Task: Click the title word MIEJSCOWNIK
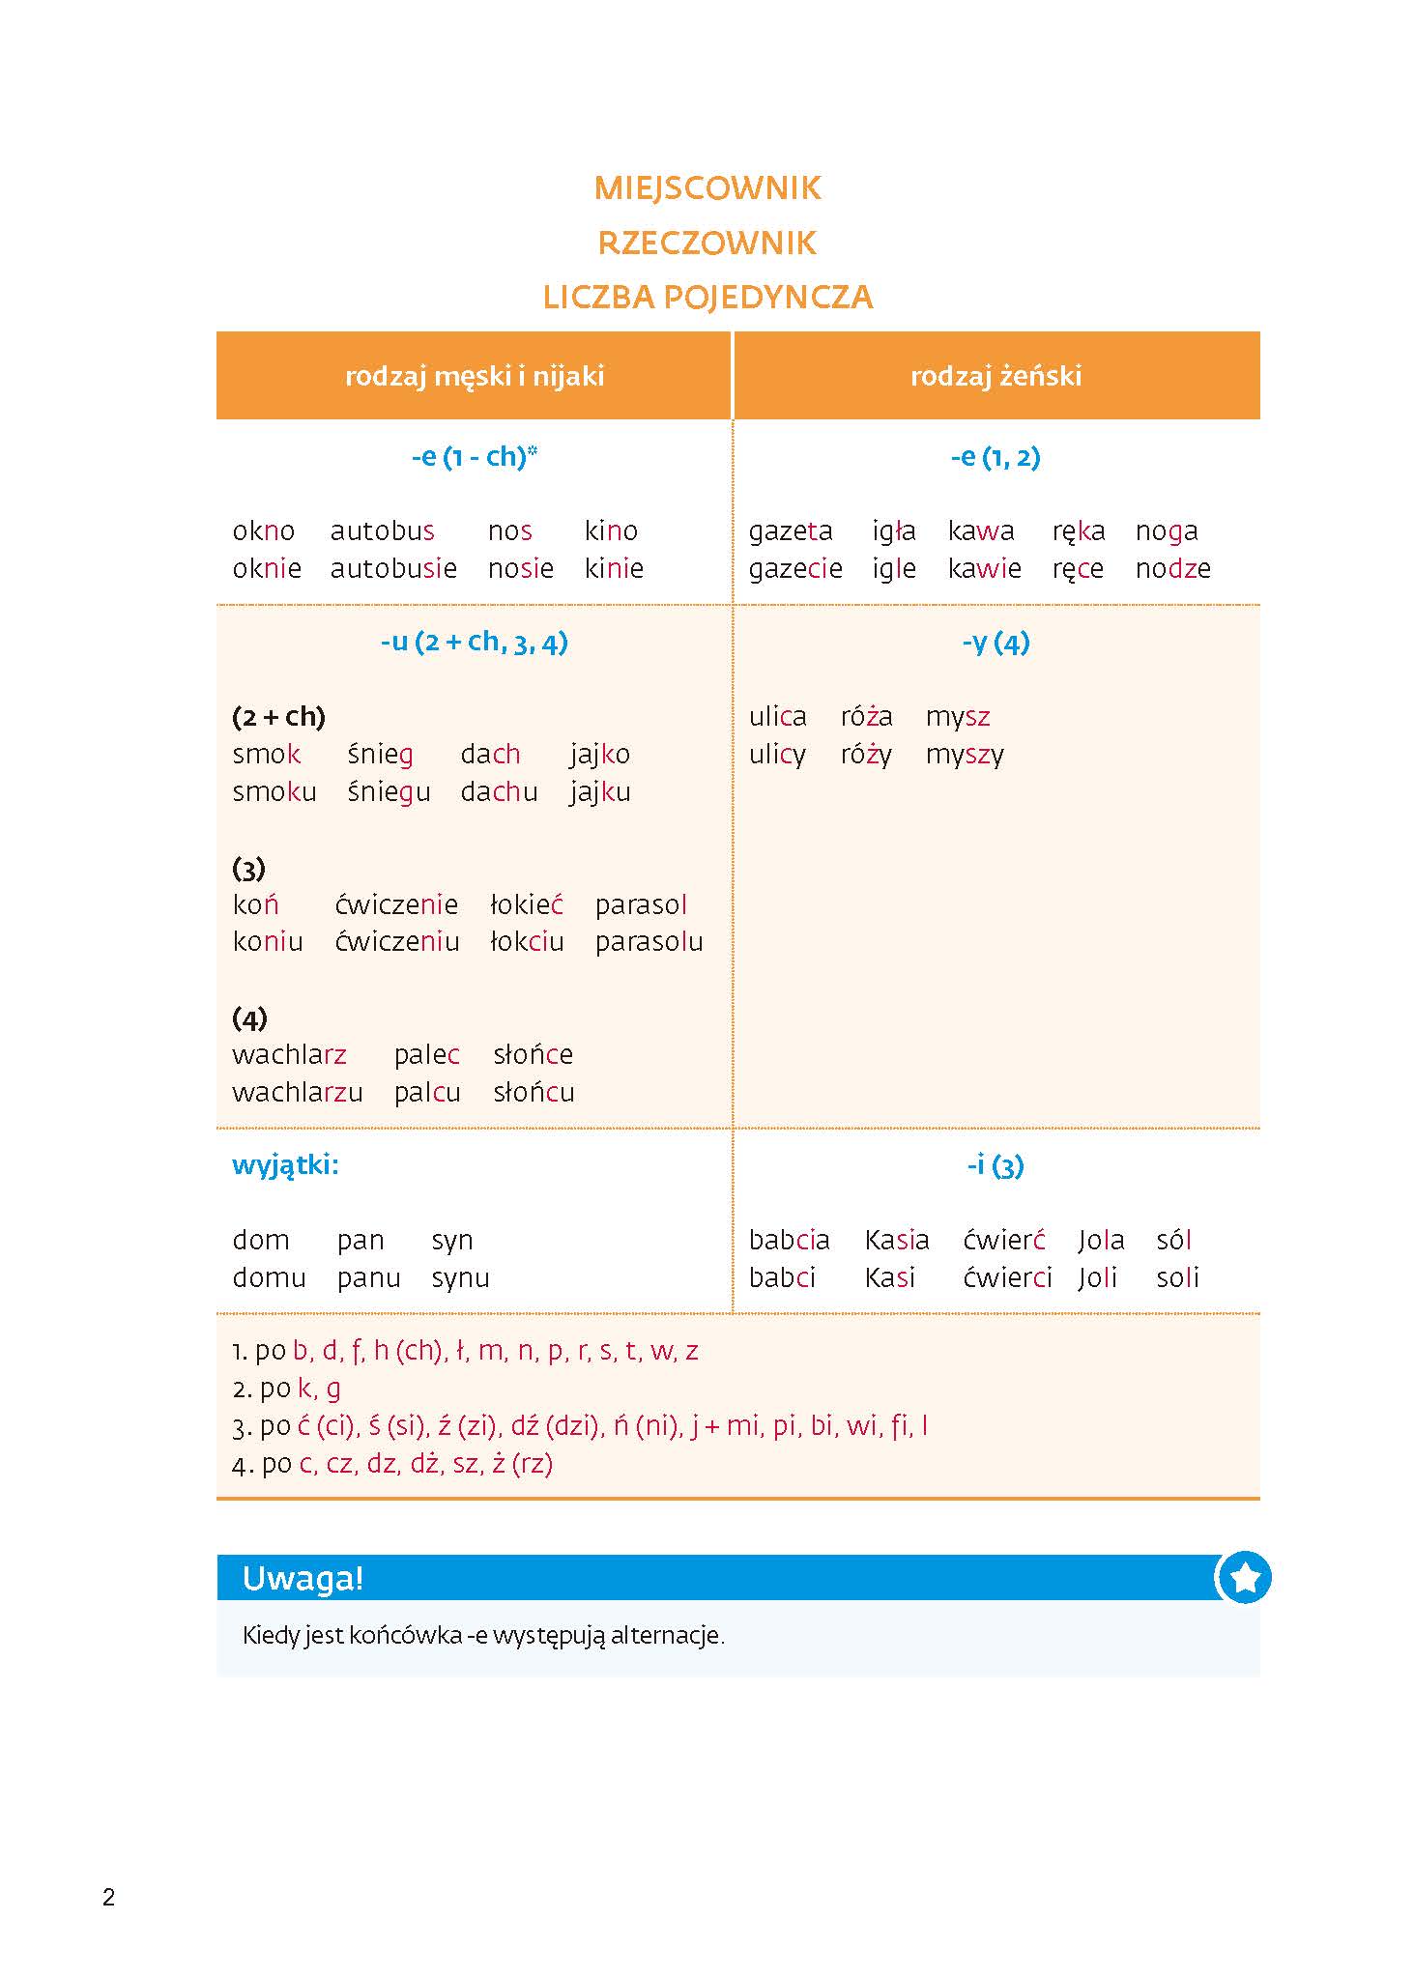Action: click(707, 187)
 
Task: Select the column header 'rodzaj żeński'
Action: click(996, 376)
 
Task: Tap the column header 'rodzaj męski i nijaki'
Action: click(475, 376)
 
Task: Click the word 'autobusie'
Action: click(393, 568)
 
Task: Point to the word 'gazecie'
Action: click(795, 568)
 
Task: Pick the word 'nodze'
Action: click(1172, 568)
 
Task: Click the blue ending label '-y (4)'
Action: click(996, 643)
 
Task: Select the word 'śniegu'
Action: click(389, 792)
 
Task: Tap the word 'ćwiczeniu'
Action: click(397, 942)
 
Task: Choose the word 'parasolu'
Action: click(649, 942)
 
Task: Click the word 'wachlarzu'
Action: click(298, 1093)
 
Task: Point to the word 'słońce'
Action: click(533, 1055)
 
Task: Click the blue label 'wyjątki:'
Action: click(285, 1165)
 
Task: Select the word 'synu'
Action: click(460, 1278)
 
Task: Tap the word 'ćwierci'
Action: click(1007, 1278)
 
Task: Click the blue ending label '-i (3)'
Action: click(996, 1166)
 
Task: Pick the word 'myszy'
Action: click(965, 755)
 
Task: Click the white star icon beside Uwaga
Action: click(1245, 1578)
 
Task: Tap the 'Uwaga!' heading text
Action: click(303, 1579)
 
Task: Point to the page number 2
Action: click(108, 1898)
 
